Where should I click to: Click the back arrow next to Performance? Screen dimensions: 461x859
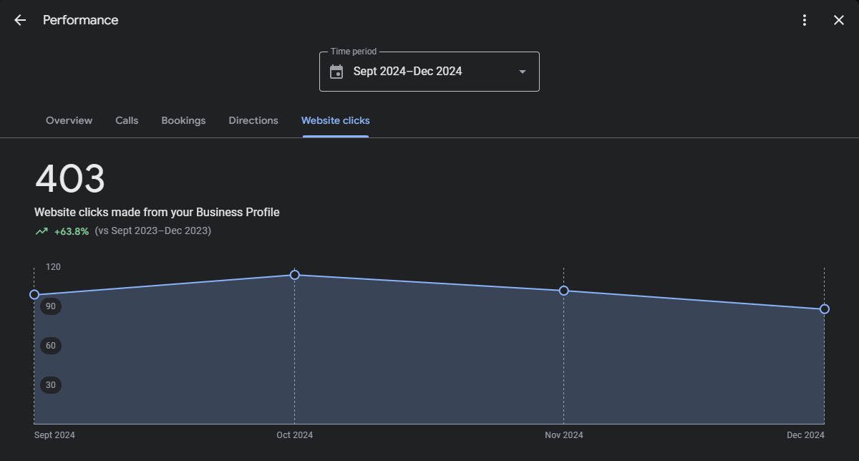[x=20, y=20]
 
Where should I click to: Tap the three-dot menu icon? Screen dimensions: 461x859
[x=805, y=20]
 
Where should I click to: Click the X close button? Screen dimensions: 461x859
[x=839, y=20]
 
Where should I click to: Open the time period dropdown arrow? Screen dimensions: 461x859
[x=523, y=72]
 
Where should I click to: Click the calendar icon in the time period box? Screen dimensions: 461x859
[x=336, y=72]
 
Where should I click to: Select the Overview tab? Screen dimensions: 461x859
[x=69, y=120]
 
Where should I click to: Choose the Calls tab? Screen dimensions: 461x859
[x=127, y=120]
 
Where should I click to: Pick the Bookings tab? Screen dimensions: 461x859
[x=183, y=120]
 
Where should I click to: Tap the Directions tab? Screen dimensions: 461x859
[x=253, y=120]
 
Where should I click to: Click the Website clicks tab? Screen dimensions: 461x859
[x=336, y=120]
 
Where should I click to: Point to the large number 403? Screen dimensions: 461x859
[x=70, y=179]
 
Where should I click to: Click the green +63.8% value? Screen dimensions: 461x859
[x=72, y=231]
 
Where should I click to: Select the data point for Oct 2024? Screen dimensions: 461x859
[x=295, y=275]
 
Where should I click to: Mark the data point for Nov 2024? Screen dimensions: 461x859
[x=564, y=291]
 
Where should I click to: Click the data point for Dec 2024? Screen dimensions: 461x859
[x=825, y=309]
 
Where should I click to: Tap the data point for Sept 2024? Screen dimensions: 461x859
[x=34, y=295]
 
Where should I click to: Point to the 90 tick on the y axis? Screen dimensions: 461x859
[x=51, y=306]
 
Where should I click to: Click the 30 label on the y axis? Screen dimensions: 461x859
[x=51, y=385]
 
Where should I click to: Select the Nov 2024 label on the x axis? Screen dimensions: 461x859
[x=564, y=435]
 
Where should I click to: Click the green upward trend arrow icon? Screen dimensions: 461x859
[x=42, y=231]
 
